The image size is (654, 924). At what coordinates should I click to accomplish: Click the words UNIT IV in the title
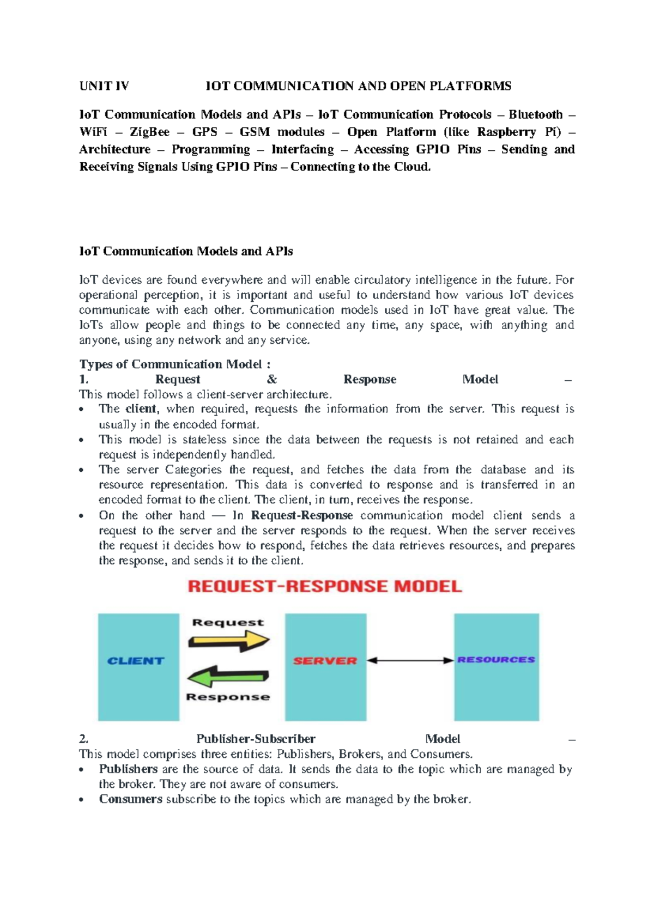[x=104, y=86]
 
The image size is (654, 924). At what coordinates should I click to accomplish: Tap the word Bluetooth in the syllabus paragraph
[x=535, y=114]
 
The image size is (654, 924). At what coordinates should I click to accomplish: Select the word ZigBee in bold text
[x=149, y=132]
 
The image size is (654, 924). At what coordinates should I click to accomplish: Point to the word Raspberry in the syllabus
[x=506, y=132]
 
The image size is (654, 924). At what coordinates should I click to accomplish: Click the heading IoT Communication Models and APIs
[x=186, y=251]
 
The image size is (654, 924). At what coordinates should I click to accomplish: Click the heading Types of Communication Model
[x=174, y=364]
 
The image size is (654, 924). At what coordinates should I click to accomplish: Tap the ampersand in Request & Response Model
[x=272, y=379]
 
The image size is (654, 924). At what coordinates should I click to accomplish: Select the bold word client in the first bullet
[x=141, y=409]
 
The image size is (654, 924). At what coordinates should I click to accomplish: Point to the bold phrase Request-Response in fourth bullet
[x=301, y=515]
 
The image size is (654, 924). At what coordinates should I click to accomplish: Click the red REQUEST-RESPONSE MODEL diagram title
[x=325, y=587]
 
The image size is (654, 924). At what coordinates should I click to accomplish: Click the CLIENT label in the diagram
[x=136, y=661]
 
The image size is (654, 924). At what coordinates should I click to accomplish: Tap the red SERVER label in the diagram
[x=325, y=661]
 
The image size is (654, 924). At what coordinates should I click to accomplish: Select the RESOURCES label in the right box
[x=496, y=660]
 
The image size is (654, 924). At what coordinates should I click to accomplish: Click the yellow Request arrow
[x=228, y=641]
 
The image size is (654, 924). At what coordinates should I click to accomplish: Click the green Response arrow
[x=228, y=677]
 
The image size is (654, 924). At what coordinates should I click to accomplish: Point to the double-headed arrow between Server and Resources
[x=410, y=660]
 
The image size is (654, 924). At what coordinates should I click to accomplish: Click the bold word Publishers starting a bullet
[x=128, y=769]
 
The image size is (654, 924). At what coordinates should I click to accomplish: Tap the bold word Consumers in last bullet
[x=130, y=799]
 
